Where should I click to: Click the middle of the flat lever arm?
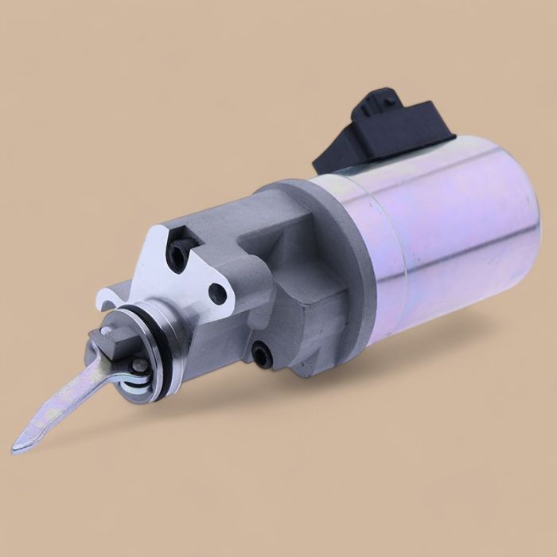click(64, 406)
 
